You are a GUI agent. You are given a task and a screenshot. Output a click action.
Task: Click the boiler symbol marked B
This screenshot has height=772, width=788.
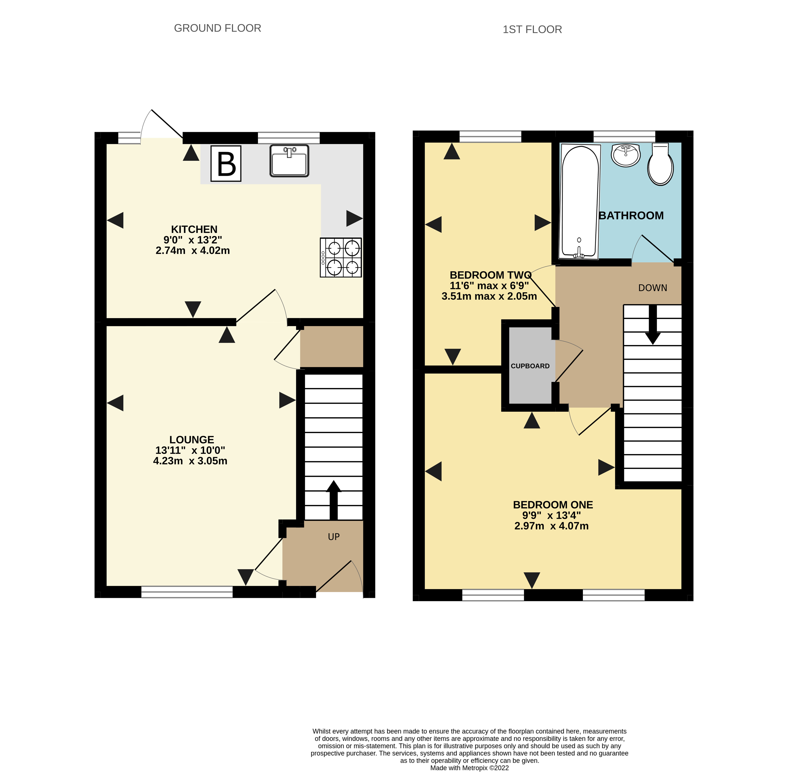[226, 163]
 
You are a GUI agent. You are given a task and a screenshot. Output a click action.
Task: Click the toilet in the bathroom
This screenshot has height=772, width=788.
[660, 164]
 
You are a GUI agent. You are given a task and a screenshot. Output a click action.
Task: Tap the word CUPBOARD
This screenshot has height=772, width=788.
[530, 366]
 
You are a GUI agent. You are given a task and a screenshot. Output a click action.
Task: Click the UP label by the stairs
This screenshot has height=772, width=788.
[333, 537]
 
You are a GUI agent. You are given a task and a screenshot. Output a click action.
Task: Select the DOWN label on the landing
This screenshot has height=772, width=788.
[652, 288]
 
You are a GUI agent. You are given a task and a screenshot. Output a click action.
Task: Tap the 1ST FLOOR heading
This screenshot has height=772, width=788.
[532, 30]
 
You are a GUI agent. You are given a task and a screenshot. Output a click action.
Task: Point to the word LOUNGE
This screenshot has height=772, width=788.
[191, 440]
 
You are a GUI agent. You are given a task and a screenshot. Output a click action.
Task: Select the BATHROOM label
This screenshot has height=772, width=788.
[631, 216]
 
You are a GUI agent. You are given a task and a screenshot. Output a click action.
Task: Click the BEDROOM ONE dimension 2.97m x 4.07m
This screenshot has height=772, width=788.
[552, 526]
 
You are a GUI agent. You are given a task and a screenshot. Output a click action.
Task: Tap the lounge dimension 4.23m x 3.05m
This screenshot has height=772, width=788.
[190, 461]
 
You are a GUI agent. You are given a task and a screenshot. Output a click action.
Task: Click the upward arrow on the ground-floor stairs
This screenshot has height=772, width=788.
[333, 500]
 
